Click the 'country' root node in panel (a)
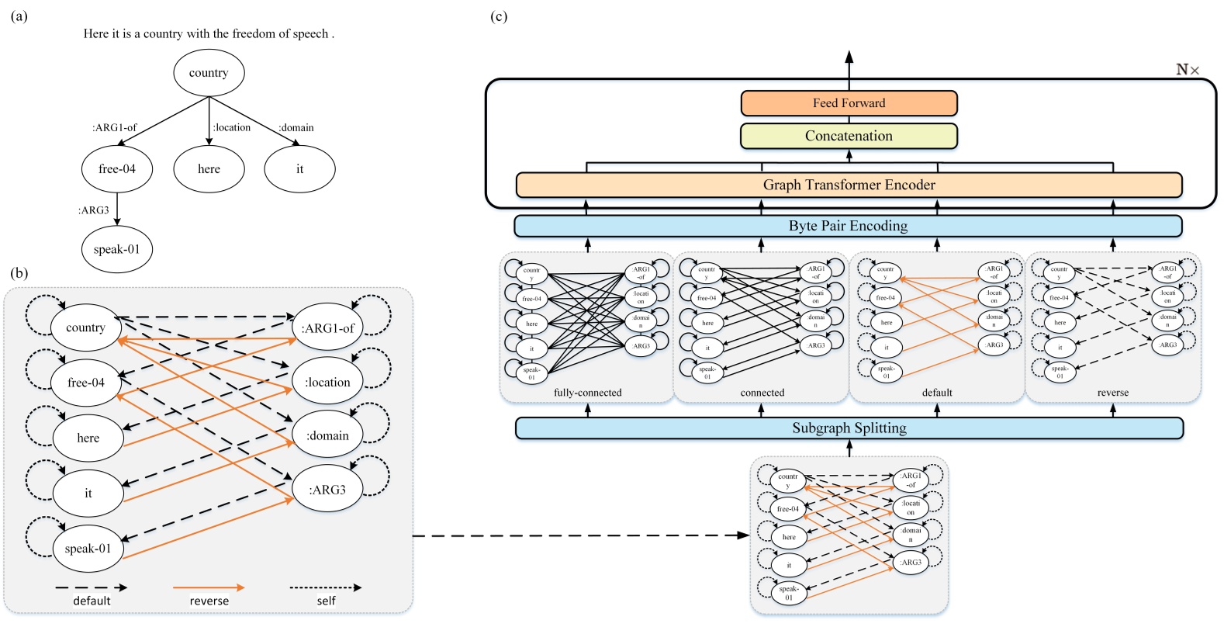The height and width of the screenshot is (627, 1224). click(209, 73)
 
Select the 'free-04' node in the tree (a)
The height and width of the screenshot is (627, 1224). click(117, 169)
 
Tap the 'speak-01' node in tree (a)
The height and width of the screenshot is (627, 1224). click(117, 250)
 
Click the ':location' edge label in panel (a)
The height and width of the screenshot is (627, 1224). click(232, 127)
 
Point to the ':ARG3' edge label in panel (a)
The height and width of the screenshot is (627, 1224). click(93, 210)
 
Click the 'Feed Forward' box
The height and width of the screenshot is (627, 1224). click(849, 103)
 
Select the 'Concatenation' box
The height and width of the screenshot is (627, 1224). click(849, 136)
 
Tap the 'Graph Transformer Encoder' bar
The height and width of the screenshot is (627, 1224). click(849, 185)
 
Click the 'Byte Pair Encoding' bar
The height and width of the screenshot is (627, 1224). click(848, 226)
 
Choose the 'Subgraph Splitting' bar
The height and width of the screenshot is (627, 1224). click(849, 428)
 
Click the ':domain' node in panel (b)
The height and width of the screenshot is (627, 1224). click(327, 436)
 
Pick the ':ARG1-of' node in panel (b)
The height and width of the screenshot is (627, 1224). click(327, 328)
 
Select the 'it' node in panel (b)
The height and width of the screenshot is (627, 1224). click(88, 494)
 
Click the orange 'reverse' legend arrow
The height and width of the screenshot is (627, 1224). click(209, 588)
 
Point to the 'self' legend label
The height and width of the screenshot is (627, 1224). click(326, 601)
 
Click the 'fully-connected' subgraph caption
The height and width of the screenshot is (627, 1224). click(587, 393)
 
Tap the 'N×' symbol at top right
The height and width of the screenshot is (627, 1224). click(1188, 70)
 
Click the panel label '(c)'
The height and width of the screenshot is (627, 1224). click(500, 16)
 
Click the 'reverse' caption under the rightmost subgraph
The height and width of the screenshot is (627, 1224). click(1112, 393)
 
